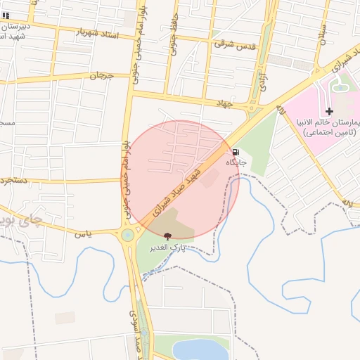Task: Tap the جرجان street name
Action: point(101,75)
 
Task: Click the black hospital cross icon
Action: point(329,111)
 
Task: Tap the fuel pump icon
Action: point(235,151)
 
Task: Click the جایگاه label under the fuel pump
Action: point(236,162)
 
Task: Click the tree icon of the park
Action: point(167,236)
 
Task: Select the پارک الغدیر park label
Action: point(167,248)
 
